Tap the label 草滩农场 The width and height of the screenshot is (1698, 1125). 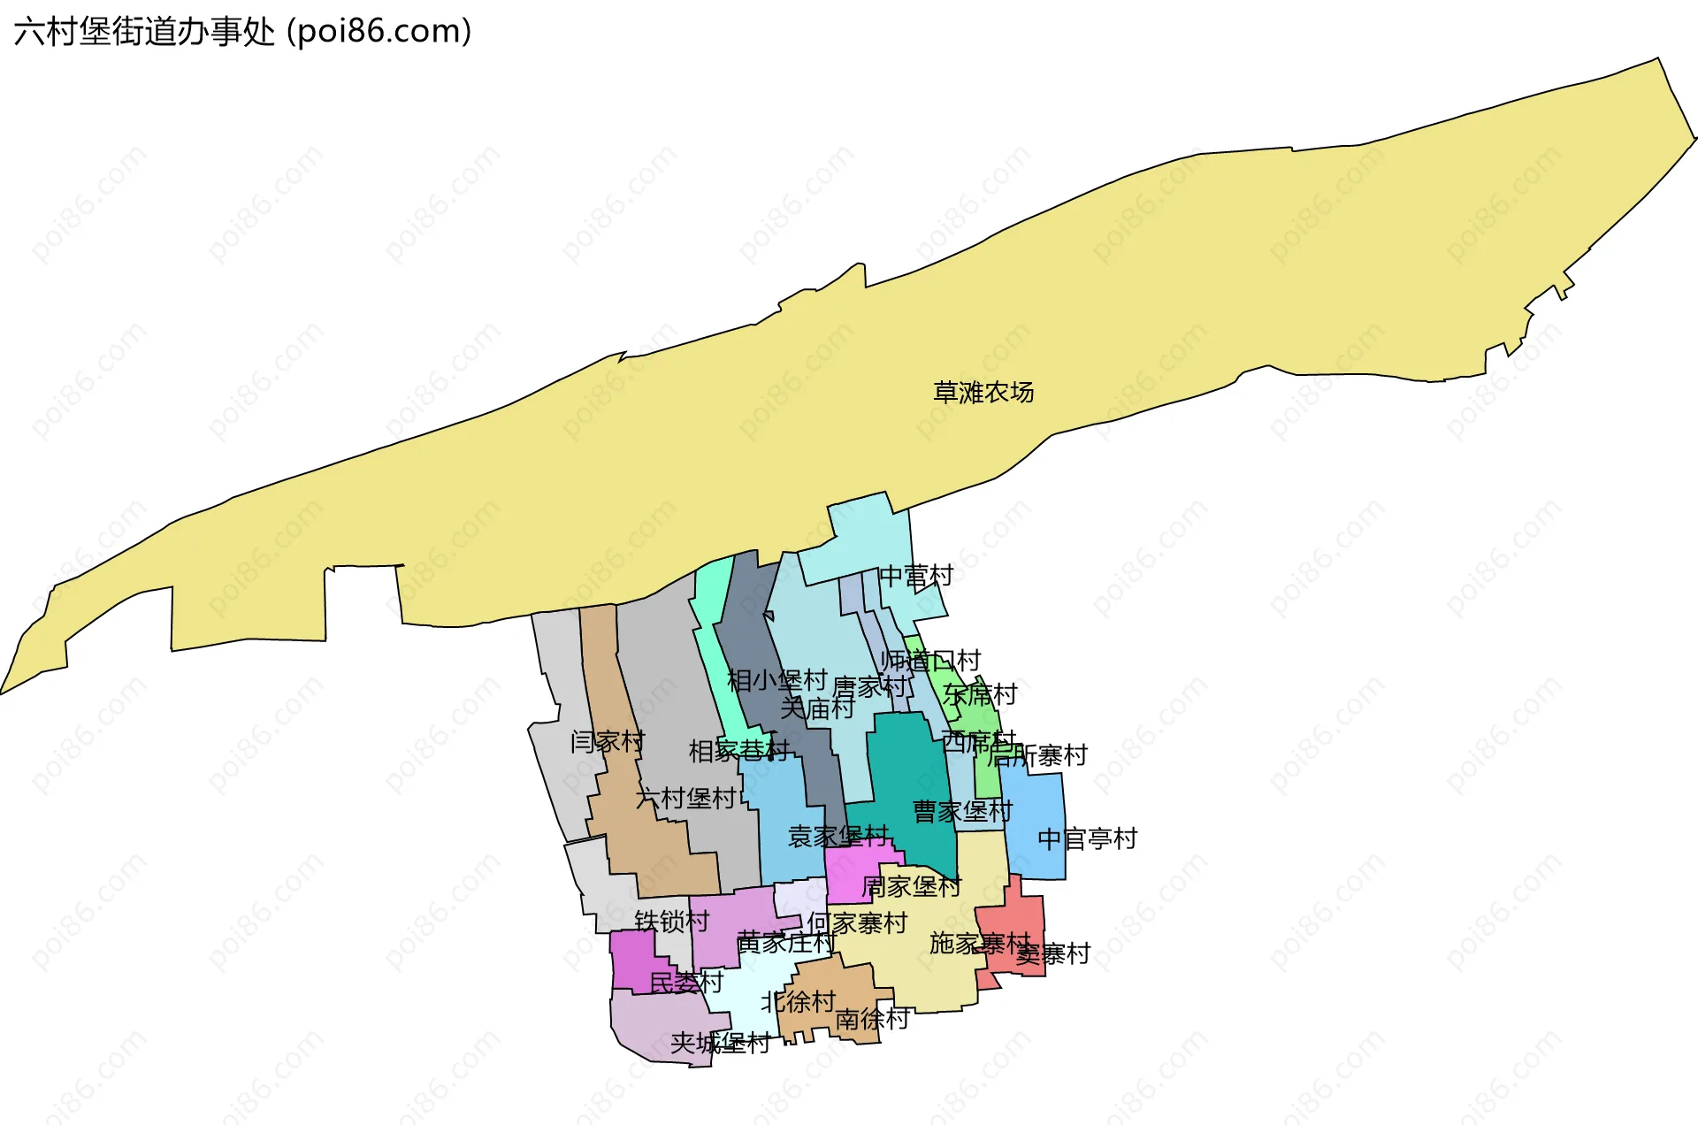(x=983, y=392)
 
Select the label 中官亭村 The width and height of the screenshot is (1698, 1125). (x=1087, y=838)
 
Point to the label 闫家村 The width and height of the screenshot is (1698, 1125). (x=608, y=741)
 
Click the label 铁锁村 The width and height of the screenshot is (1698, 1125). (x=672, y=922)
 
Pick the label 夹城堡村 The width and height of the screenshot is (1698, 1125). (x=720, y=1044)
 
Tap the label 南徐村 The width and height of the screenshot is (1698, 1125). (x=872, y=1019)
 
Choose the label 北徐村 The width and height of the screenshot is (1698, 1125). (x=799, y=1001)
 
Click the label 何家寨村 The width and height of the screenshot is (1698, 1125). (x=857, y=923)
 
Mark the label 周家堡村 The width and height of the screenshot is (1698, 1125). (x=911, y=886)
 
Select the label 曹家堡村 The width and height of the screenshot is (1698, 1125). (x=962, y=811)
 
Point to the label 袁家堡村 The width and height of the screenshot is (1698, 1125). (x=838, y=836)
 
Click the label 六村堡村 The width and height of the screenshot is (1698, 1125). (x=686, y=799)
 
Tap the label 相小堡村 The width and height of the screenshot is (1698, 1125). (x=776, y=680)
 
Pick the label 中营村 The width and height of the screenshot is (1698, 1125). (x=916, y=576)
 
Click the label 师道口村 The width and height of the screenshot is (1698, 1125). (x=930, y=660)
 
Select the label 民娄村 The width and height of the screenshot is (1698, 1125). (x=686, y=982)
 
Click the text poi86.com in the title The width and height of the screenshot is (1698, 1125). (x=380, y=32)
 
